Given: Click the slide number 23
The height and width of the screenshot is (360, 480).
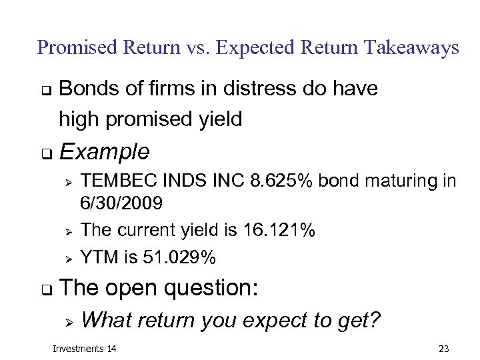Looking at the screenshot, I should click(444, 349).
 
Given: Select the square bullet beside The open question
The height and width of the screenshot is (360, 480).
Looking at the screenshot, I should click(46, 290).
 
